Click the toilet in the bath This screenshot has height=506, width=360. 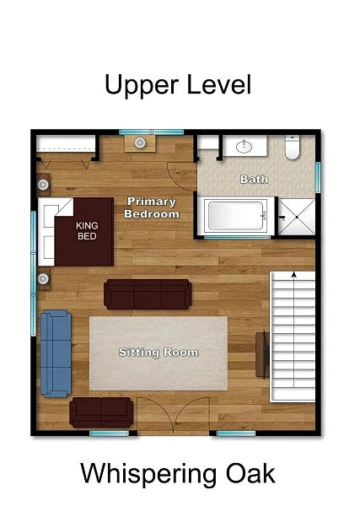point(293,147)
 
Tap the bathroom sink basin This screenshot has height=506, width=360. point(244,146)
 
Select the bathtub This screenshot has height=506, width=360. point(236,216)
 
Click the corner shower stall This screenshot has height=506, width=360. point(297,218)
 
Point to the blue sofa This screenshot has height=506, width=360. point(56,353)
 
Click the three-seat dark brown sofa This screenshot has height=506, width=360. point(148,294)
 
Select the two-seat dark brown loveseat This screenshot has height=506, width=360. point(101,412)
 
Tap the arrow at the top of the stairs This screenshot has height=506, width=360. point(294,275)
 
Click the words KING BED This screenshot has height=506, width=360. point(87,231)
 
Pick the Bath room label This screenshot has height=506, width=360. point(255,179)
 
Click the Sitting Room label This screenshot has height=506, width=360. point(159,352)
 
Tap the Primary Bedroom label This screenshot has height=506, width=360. point(152,207)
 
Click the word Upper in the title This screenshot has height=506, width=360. point(142,85)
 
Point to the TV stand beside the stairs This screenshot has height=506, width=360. point(262,354)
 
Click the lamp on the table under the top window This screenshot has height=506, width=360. point(140,143)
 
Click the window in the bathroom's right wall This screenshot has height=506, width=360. point(318,177)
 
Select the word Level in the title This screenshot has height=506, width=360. point(219,84)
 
